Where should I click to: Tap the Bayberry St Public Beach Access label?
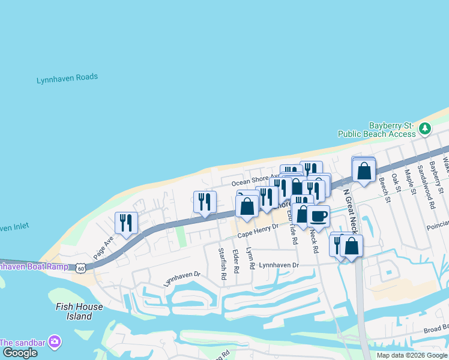(x=376, y=130)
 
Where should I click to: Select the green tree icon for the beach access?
(x=425, y=128)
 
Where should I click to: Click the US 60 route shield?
(x=80, y=268)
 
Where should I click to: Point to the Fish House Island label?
(x=79, y=311)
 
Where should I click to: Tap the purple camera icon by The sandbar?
(x=55, y=341)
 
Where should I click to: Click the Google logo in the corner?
(x=19, y=353)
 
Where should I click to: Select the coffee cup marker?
(x=318, y=216)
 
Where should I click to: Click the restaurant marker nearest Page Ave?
(x=126, y=223)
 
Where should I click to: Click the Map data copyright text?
(x=412, y=355)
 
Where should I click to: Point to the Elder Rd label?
(x=235, y=262)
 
